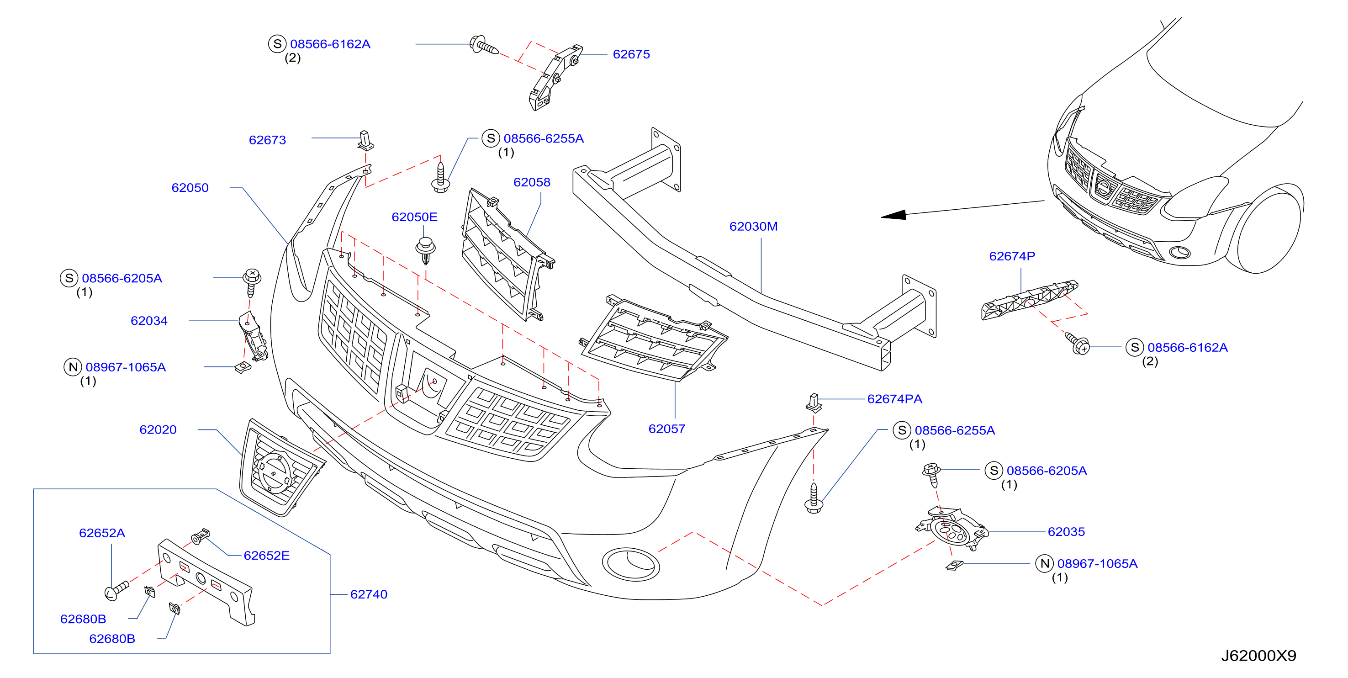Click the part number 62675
tap(631, 54)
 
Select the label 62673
tap(267, 140)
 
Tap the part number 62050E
tap(414, 217)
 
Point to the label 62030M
tap(754, 227)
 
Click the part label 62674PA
tap(895, 399)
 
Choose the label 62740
tap(369, 595)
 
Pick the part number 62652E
tap(266, 556)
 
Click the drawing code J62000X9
tap(1258, 656)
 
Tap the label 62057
tap(666, 429)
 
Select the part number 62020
tap(158, 430)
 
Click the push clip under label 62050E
tap(425, 250)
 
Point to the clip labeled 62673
tap(365, 140)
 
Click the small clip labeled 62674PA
tap(814, 402)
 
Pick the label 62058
tap(532, 183)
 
